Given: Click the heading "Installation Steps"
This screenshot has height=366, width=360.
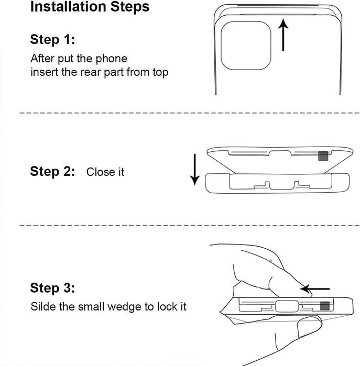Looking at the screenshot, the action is click(90, 7).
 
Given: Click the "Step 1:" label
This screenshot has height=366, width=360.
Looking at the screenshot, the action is click(52, 39).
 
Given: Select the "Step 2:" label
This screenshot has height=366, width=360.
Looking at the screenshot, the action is click(52, 171).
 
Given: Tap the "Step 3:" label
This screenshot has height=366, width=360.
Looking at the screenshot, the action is click(52, 287).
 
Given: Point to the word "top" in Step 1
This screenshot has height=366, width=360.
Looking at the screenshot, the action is click(160, 72).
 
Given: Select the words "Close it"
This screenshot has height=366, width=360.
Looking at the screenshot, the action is click(105, 172).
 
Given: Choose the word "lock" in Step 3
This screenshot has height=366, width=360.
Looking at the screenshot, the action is click(167, 306).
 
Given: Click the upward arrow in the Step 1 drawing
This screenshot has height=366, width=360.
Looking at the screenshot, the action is click(283, 35).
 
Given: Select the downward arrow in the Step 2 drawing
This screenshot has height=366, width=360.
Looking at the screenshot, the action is click(194, 170).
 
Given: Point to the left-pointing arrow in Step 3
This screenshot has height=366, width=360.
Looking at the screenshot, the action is click(315, 289).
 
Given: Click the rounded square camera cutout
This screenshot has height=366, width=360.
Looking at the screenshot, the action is click(246, 46).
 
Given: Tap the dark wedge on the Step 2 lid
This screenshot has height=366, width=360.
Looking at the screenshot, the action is click(323, 156).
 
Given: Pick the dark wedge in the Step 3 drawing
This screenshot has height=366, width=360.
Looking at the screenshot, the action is click(325, 306).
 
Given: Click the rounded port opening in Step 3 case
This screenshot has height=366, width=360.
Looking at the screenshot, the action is click(287, 306).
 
